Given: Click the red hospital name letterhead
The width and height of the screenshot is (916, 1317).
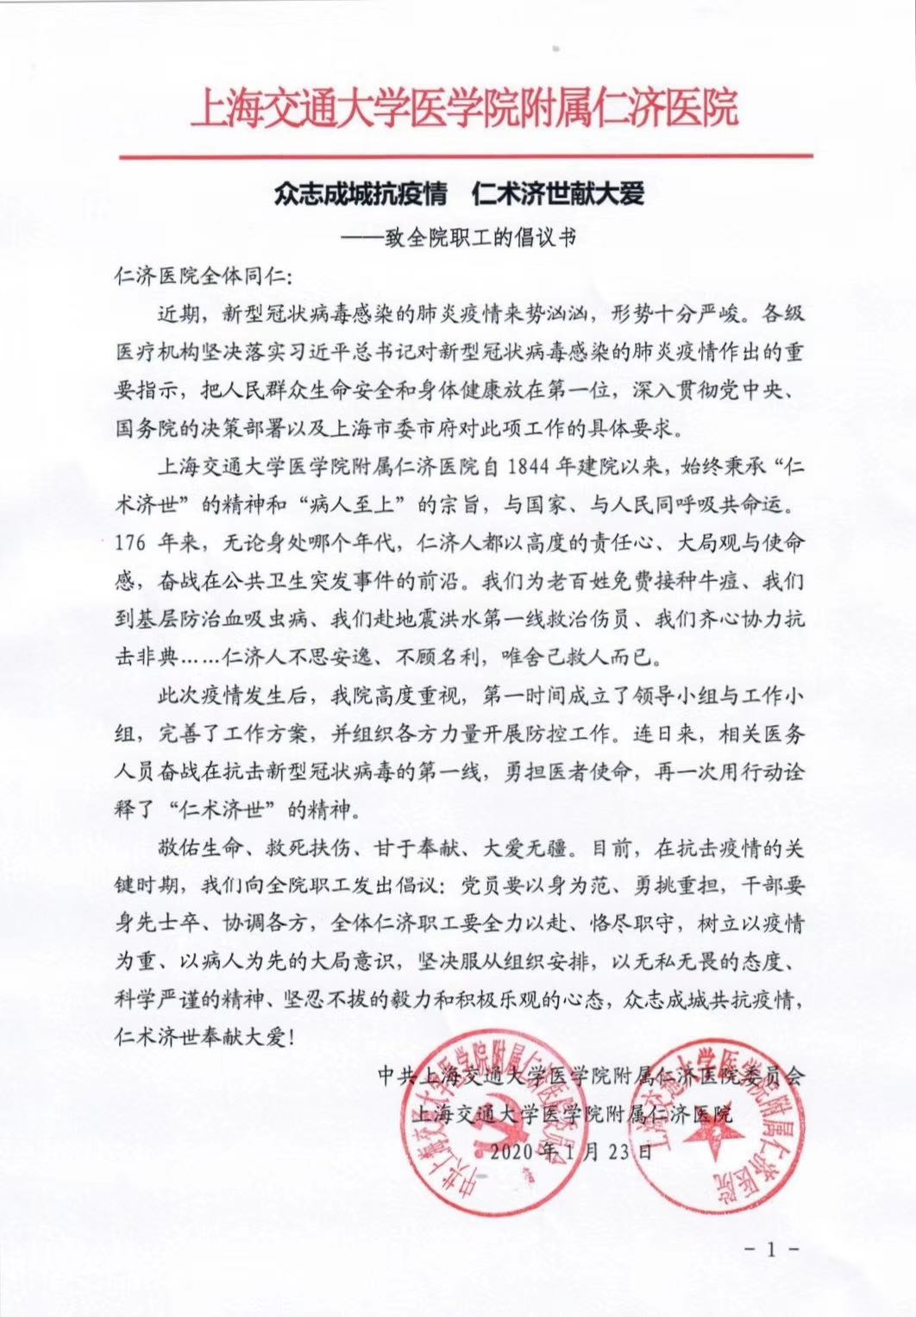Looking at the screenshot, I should [x=464, y=110].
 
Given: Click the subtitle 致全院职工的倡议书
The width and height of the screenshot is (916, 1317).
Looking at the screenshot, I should [x=479, y=238].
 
